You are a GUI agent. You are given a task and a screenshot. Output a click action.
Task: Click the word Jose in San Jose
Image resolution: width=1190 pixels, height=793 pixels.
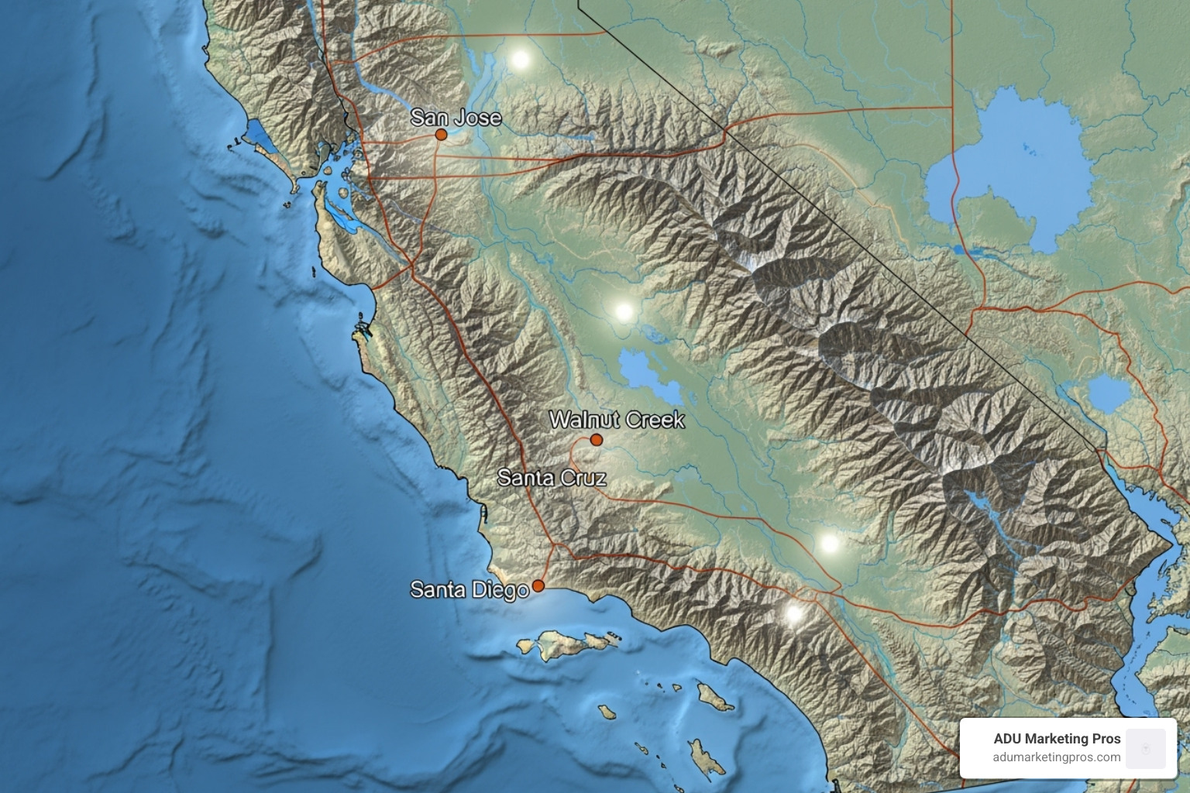click(x=477, y=118)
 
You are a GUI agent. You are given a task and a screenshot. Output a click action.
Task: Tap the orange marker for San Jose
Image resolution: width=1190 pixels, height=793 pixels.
click(x=441, y=134)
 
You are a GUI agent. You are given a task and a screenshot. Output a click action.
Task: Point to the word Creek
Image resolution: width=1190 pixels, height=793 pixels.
click(x=655, y=420)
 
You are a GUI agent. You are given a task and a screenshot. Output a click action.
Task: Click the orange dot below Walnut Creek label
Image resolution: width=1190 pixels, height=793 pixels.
click(x=597, y=440)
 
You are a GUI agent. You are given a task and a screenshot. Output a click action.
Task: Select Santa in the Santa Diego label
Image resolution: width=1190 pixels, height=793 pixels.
click(x=437, y=590)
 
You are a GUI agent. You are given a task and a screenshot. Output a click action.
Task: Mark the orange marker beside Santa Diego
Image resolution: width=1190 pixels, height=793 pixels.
click(x=538, y=585)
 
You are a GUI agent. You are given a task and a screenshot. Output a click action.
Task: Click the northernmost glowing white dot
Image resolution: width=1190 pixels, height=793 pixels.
click(x=521, y=59)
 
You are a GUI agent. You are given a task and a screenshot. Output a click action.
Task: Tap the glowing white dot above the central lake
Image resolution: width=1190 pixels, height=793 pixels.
click(x=624, y=311)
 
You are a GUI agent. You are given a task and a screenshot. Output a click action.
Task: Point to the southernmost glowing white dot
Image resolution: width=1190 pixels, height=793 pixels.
click(x=793, y=614)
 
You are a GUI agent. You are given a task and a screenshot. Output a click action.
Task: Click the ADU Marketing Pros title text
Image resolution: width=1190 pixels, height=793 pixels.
click(x=1057, y=739)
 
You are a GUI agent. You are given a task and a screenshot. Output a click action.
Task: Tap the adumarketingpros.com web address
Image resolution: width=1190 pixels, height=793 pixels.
click(x=1057, y=757)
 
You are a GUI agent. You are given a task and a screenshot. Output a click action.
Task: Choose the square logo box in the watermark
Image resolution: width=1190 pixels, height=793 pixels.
click(x=1146, y=748)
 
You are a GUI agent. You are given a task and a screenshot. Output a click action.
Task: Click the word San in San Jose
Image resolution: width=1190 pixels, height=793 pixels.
click(x=428, y=118)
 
